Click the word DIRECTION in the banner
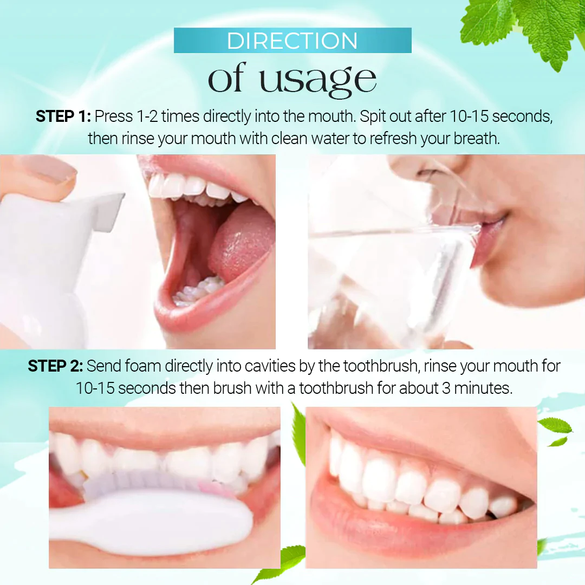(x=292, y=41)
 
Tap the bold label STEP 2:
(x=55, y=366)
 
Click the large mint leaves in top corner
(x=531, y=27)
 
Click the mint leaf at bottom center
(x=282, y=563)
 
